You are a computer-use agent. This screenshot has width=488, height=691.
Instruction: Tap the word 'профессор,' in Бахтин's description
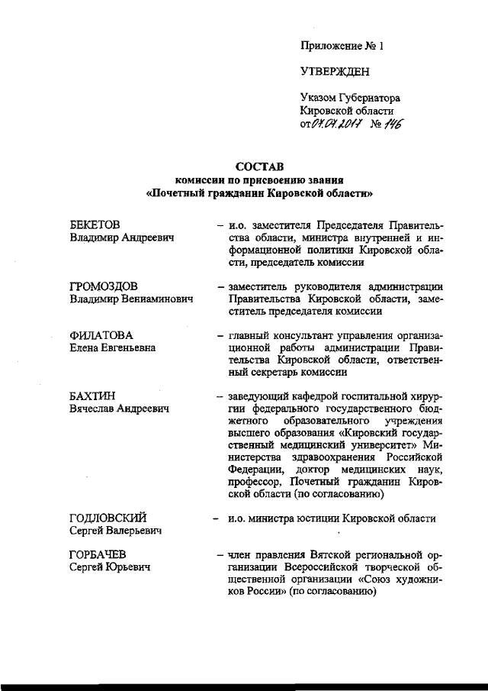coord(251,482)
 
